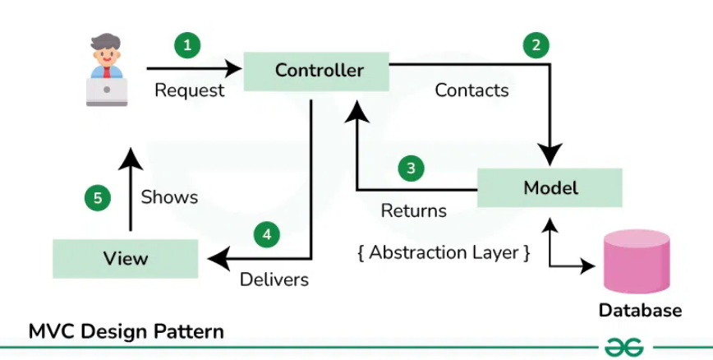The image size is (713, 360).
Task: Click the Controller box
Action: [316, 72]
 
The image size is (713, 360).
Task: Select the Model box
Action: [550, 187]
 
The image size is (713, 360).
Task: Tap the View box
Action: [126, 259]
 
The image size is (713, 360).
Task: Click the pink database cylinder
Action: [637, 261]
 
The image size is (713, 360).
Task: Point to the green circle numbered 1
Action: [187, 45]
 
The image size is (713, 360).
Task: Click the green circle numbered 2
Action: [536, 45]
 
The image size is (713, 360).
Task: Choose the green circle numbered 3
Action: [411, 168]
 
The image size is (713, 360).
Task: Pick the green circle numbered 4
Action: [267, 234]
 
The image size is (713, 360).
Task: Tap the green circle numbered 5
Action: [98, 198]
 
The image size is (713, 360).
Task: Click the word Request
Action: [190, 90]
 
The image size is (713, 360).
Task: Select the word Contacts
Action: [471, 90]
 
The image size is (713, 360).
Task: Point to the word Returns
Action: [414, 210]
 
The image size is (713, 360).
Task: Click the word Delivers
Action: [274, 279]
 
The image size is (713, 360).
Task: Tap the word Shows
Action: [169, 197]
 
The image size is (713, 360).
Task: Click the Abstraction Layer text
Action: [444, 253]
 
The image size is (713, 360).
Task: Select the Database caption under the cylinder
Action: [640, 311]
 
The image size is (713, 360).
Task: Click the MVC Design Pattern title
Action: [126, 332]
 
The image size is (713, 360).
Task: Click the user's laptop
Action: [107, 91]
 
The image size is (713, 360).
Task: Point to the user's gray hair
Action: [105, 42]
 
